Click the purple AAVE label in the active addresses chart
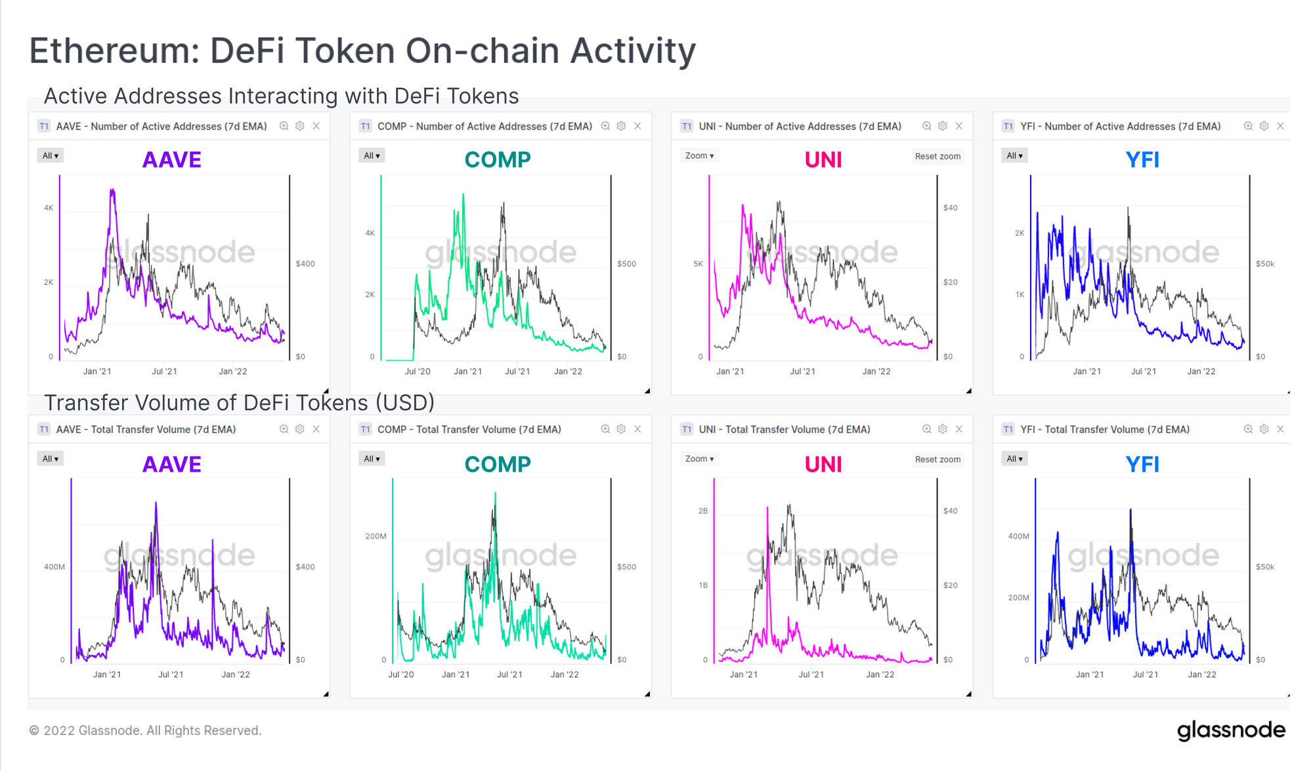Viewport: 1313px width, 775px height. pyautogui.click(x=172, y=160)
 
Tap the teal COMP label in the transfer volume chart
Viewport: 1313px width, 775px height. pyautogui.click(x=498, y=464)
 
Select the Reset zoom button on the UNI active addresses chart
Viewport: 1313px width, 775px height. pyautogui.click(x=937, y=156)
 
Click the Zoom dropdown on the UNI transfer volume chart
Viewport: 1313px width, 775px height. pyautogui.click(x=699, y=459)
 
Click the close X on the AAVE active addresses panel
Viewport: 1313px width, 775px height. pyautogui.click(x=316, y=126)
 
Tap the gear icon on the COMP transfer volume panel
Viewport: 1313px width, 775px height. pyautogui.click(x=621, y=430)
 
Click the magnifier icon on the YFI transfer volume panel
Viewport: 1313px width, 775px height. pyautogui.click(x=1248, y=430)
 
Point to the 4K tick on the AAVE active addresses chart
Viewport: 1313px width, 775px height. pyautogui.click(x=49, y=208)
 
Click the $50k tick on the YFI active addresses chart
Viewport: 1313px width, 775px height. pyautogui.click(x=1264, y=264)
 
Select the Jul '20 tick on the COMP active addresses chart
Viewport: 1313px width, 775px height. pyautogui.click(x=418, y=372)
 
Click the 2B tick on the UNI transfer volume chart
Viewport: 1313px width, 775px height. pyautogui.click(x=703, y=511)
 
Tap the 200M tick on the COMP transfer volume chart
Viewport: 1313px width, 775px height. pyautogui.click(x=376, y=537)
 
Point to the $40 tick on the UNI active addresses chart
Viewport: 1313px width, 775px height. pyautogui.click(x=950, y=208)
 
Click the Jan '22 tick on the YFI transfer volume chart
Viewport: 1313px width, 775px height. pyautogui.click(x=1202, y=675)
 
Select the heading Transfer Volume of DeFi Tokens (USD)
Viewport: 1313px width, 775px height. pyautogui.click(x=239, y=403)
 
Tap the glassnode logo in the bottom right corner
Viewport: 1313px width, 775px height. pyautogui.click(x=1231, y=730)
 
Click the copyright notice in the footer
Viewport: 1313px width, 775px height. pyautogui.click(x=145, y=730)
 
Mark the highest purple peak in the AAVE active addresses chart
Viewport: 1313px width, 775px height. pyautogui.click(x=112, y=190)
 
